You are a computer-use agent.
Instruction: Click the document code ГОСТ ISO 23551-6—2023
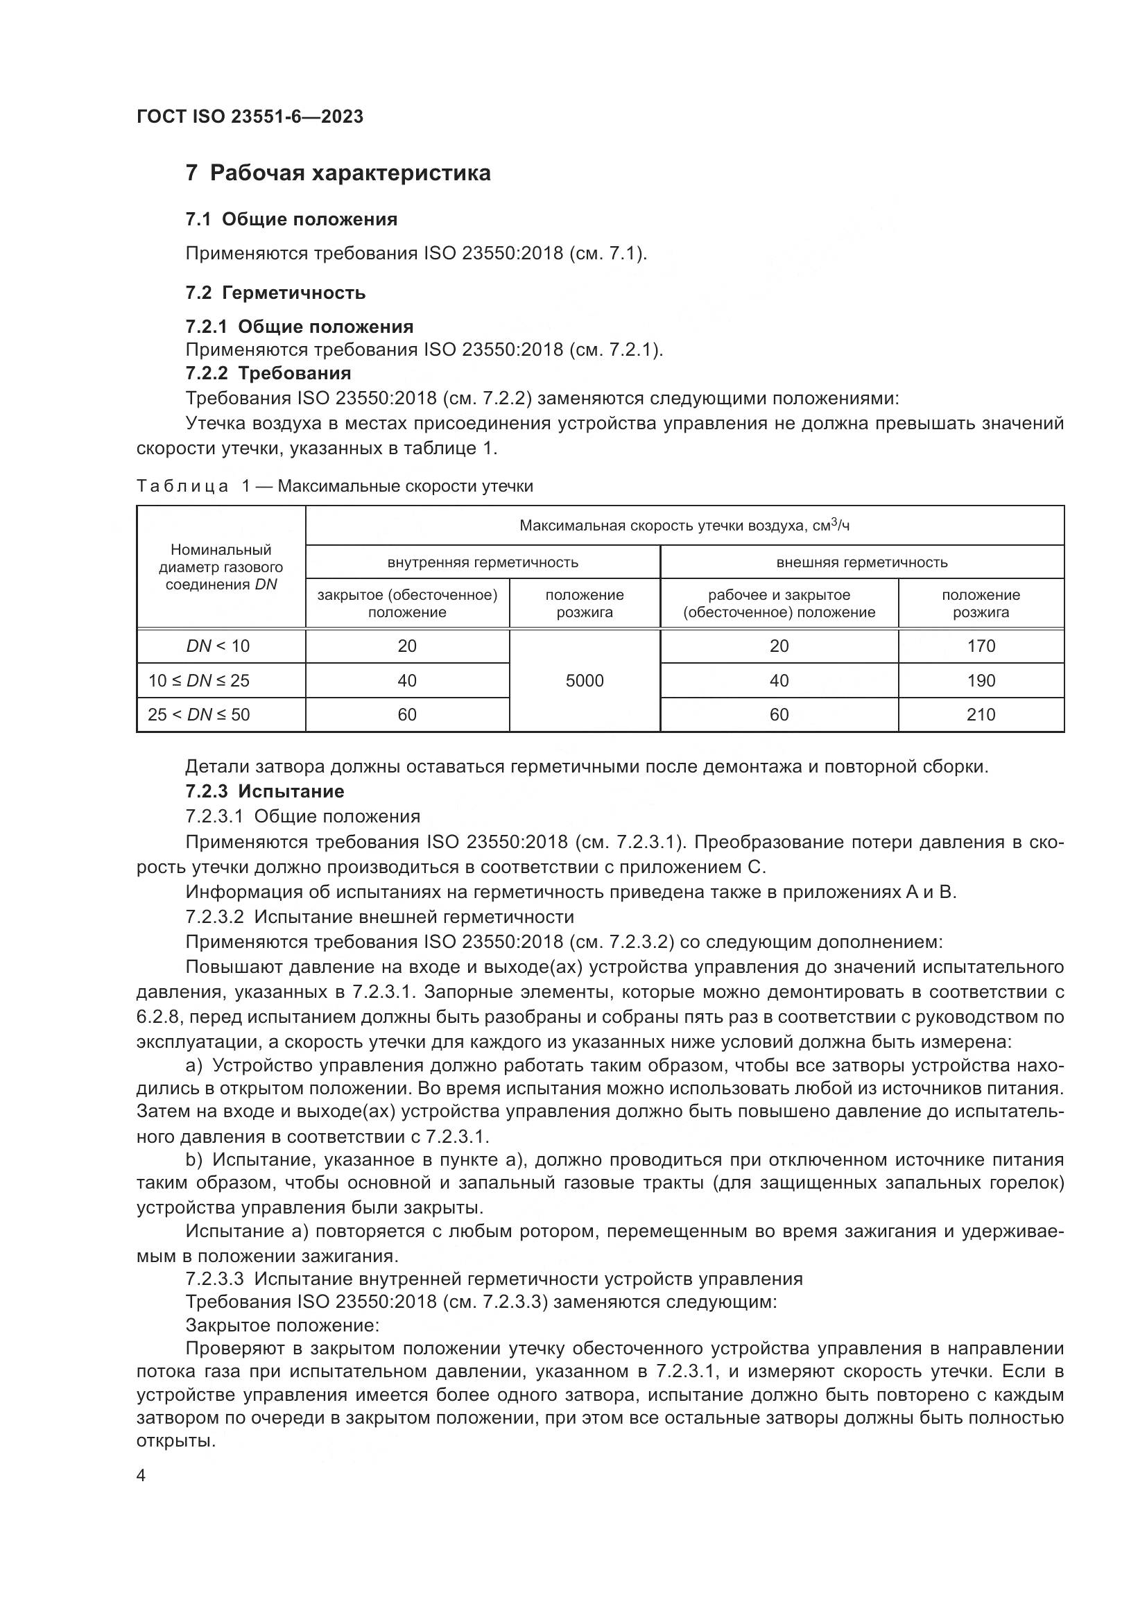click(250, 117)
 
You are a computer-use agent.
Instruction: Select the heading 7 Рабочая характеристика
click(338, 173)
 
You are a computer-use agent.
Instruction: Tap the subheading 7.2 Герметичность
click(275, 293)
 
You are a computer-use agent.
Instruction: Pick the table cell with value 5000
click(584, 680)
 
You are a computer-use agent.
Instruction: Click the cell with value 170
click(981, 646)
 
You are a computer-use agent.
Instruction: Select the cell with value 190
click(981, 680)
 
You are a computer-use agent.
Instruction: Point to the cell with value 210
click(981, 714)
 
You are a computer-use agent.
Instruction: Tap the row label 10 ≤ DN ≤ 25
click(198, 680)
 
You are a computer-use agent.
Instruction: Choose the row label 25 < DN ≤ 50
click(198, 714)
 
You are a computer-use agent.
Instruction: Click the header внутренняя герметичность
click(483, 562)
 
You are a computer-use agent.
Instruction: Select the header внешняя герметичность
click(862, 562)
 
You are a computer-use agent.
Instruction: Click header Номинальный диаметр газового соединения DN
click(221, 567)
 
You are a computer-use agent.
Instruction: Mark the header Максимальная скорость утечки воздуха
click(684, 525)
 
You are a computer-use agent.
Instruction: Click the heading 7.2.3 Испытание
click(265, 791)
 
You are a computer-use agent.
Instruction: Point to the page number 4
click(141, 1476)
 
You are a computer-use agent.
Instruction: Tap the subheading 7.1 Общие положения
click(291, 219)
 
